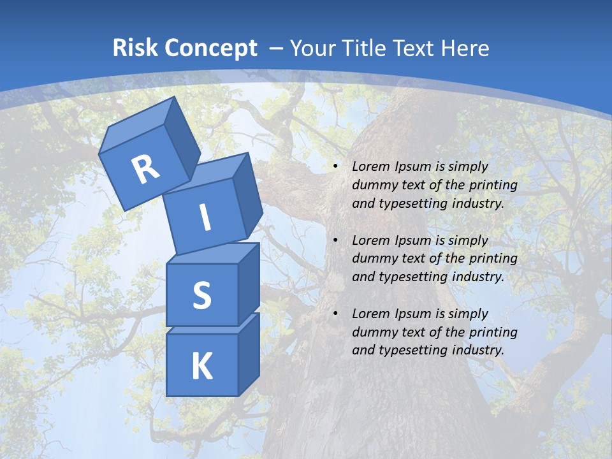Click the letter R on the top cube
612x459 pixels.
[x=146, y=169]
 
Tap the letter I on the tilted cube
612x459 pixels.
[x=205, y=218]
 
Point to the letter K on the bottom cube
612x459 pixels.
[x=201, y=367]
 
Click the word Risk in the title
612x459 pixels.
[x=135, y=48]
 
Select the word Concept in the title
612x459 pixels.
[x=210, y=48]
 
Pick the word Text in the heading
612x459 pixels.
[x=412, y=48]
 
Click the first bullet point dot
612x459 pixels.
[x=336, y=167]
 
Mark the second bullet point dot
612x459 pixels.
[x=336, y=241]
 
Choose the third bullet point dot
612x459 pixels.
[x=336, y=314]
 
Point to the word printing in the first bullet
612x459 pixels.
[x=493, y=186]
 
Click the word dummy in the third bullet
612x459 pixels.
[x=373, y=332]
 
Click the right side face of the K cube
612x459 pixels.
[x=249, y=356]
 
